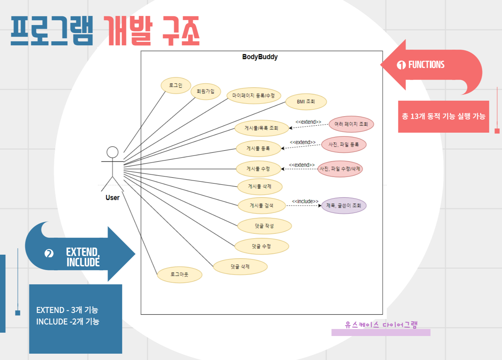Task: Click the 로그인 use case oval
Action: click(176, 85)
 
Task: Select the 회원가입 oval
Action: click(206, 91)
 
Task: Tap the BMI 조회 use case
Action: click(306, 102)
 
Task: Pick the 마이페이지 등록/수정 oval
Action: click(254, 96)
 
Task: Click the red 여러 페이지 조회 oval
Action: click(351, 124)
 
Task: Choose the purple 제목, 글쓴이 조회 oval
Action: click(344, 206)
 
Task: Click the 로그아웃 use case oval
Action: click(179, 275)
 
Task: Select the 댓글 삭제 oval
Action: click(240, 267)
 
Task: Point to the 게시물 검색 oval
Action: click(262, 206)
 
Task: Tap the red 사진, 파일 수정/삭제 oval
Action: click(340, 169)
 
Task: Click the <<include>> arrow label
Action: click(305, 201)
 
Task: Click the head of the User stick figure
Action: click(112, 152)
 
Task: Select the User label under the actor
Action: click(112, 198)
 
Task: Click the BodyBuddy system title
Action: click(260, 57)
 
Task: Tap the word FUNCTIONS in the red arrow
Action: click(426, 65)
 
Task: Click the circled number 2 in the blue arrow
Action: click(49, 254)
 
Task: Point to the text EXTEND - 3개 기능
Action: click(67, 310)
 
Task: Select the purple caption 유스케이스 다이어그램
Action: click(381, 325)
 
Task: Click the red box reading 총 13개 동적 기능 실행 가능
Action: click(443, 116)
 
